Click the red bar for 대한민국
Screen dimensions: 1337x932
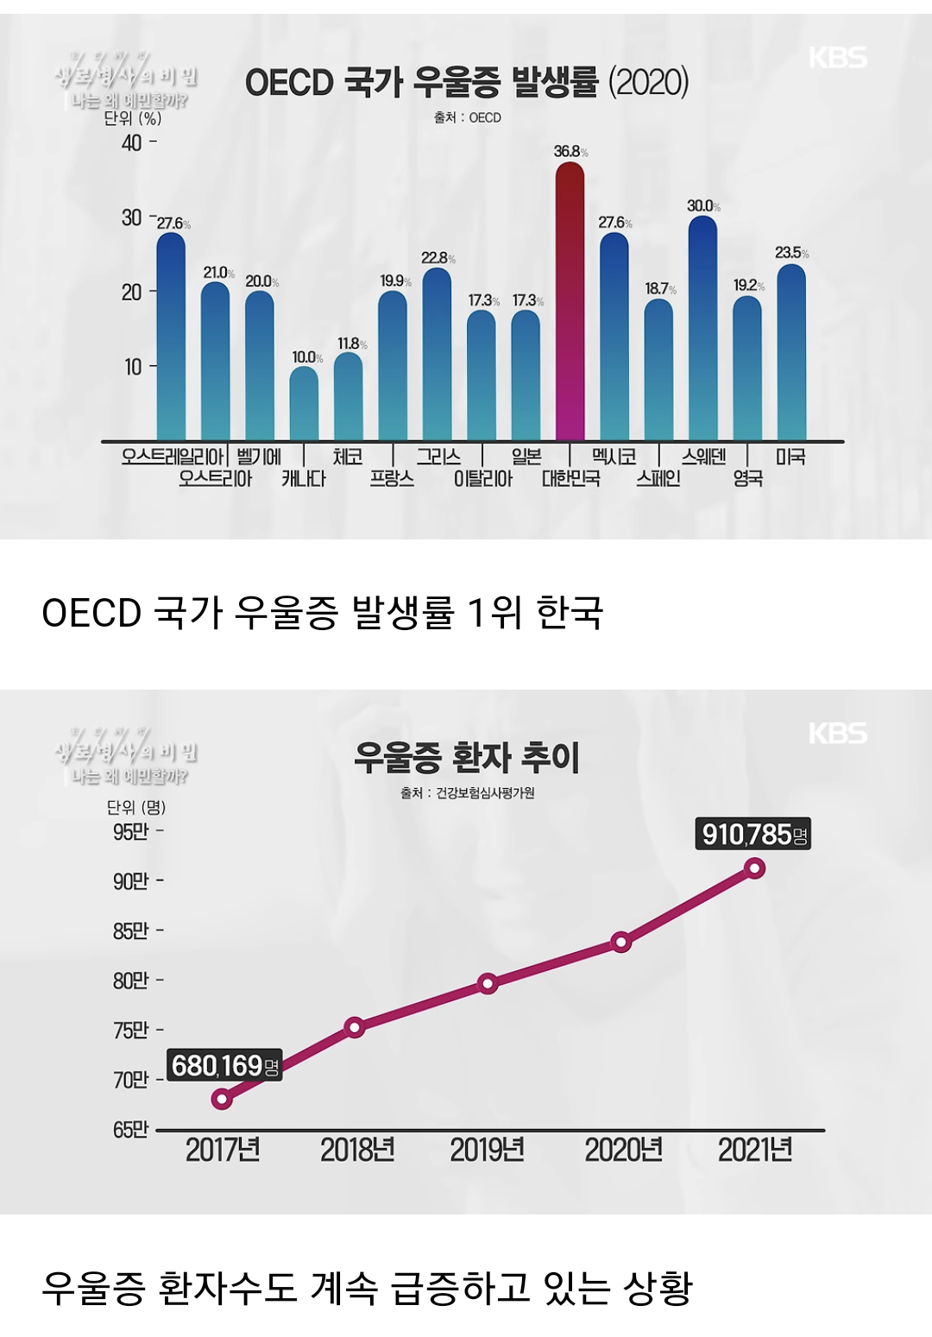tap(570, 302)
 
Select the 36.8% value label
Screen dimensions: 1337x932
tap(570, 152)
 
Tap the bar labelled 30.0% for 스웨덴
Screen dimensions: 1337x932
tap(703, 328)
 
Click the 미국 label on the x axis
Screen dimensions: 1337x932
tap(790, 457)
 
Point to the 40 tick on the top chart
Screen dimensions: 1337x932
tap(132, 143)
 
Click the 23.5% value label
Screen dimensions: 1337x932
tap(791, 253)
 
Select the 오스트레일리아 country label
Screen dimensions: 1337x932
tap(172, 457)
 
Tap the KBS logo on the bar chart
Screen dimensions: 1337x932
tap(837, 58)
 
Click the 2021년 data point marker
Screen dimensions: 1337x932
tap(755, 868)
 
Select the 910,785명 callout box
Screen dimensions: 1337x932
tap(753, 835)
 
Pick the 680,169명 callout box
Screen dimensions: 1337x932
tap(224, 1066)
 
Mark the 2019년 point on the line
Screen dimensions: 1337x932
tap(488, 983)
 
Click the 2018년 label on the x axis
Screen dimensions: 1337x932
tap(357, 1151)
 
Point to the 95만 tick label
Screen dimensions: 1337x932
tap(131, 832)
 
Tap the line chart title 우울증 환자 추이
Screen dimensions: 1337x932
tap(466, 758)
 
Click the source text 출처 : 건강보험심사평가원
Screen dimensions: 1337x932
tap(467, 792)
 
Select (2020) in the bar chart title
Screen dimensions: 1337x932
tap(648, 83)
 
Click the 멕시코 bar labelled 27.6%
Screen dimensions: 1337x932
tap(614, 337)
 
